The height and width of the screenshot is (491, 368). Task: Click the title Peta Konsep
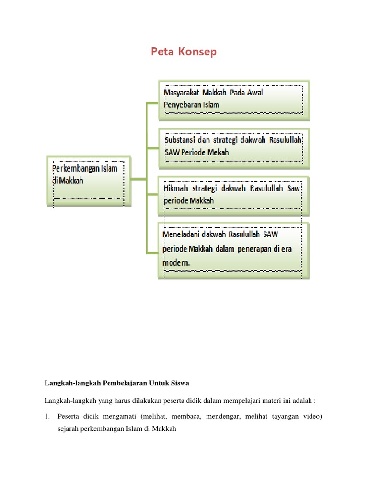[x=184, y=52]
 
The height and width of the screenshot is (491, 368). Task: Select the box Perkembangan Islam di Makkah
[x=89, y=179]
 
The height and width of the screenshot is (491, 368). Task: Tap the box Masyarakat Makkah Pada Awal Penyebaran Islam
[x=234, y=100]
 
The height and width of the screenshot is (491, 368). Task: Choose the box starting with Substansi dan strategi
[x=234, y=146]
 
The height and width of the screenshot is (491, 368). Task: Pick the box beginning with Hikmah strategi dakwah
[x=234, y=195]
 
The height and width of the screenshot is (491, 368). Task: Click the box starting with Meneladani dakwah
[x=234, y=249]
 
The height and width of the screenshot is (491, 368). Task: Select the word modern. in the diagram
[x=176, y=263]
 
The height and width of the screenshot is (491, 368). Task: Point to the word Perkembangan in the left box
[x=74, y=169]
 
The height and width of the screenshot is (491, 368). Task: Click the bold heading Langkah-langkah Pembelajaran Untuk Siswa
[x=117, y=383]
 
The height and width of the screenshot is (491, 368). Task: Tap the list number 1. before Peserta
[x=48, y=416]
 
